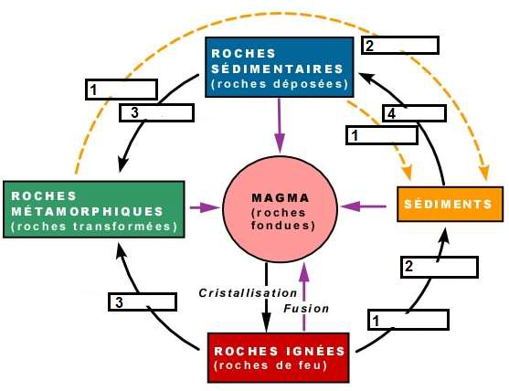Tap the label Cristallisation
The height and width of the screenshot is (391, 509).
pyautogui.click(x=249, y=292)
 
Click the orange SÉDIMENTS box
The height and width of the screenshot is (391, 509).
pyautogui.click(x=450, y=204)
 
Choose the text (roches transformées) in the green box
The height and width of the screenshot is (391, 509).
pyautogui.click(x=93, y=227)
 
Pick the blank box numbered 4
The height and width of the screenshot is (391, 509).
pyautogui.click(x=417, y=113)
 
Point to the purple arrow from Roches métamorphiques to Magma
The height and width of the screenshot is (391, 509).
pyautogui.click(x=206, y=207)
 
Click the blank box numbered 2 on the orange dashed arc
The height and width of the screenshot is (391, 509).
pyautogui.click(x=399, y=45)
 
